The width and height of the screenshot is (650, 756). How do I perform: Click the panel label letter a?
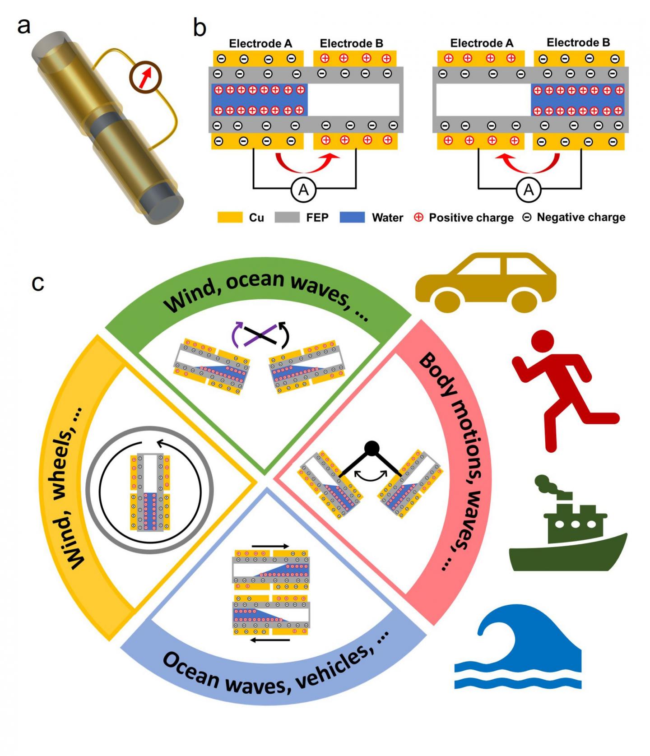[x=23, y=26]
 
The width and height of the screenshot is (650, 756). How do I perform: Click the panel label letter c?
[x=37, y=283]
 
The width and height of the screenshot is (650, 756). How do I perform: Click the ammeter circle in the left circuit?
[x=303, y=190]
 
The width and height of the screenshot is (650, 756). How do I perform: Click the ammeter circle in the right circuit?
[x=528, y=190]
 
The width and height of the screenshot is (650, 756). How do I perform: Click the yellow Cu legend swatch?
[x=230, y=218]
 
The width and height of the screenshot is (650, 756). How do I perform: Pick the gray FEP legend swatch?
[x=287, y=218]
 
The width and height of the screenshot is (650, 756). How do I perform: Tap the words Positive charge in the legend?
[x=471, y=218]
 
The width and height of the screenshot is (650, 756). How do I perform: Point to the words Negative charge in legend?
[x=580, y=217]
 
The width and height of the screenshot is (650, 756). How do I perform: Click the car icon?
[x=485, y=282]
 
